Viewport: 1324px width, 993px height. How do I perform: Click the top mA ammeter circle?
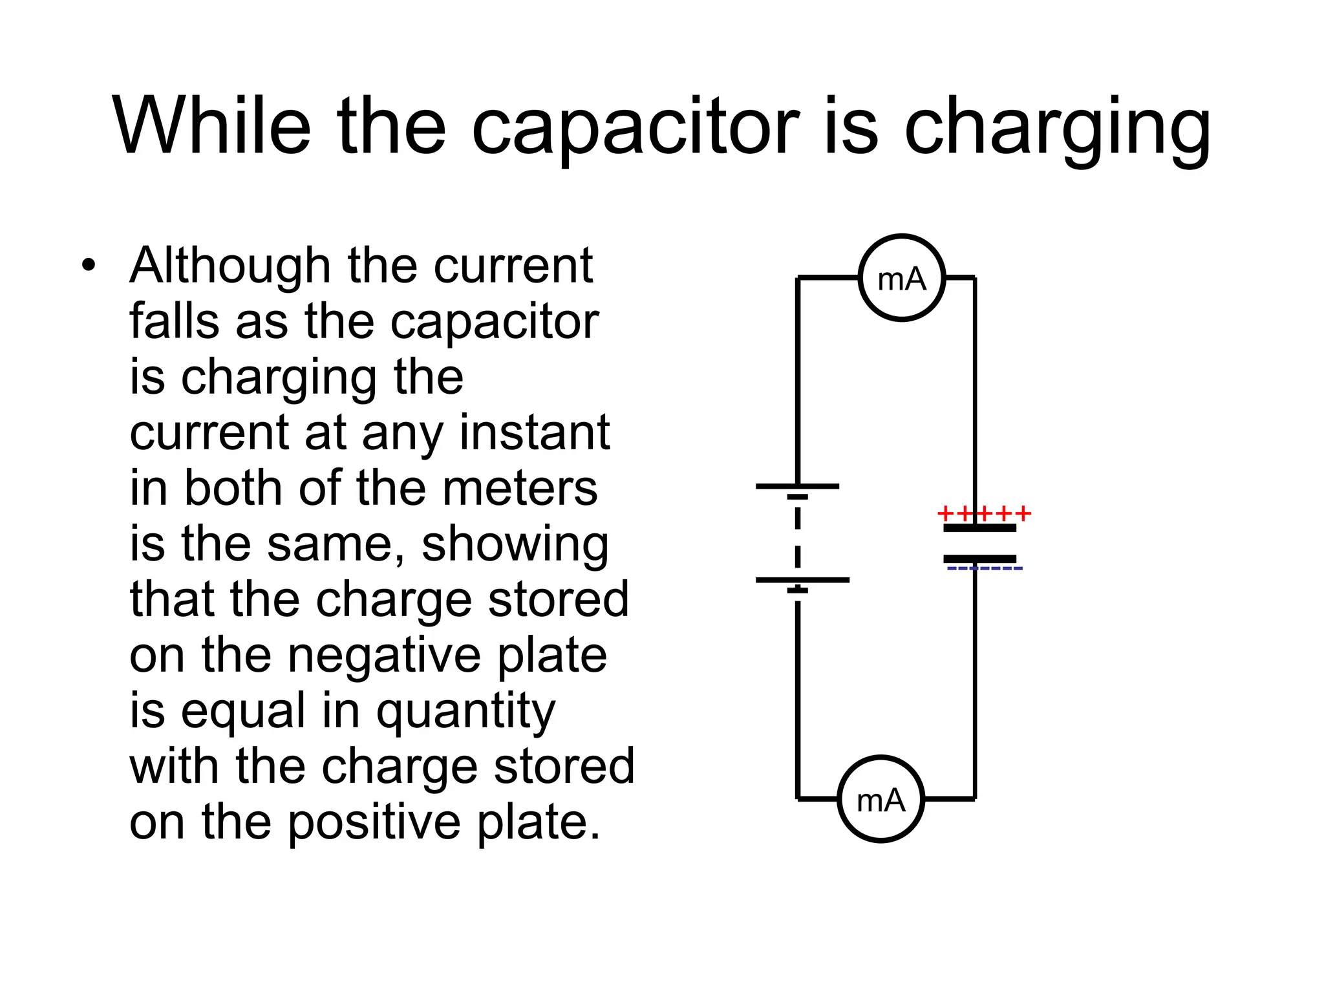[x=902, y=277]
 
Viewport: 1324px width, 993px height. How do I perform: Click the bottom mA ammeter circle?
[x=881, y=799]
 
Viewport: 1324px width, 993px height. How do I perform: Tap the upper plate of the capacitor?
[x=979, y=528]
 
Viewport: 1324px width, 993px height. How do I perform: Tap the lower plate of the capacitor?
[x=979, y=559]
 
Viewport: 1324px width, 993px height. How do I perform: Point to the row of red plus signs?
[x=983, y=515]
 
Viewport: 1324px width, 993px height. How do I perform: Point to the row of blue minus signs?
[x=985, y=569]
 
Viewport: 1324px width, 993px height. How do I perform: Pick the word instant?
[x=535, y=432]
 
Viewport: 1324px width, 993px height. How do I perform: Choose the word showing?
[x=515, y=545]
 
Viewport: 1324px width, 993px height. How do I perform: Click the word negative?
[x=384, y=656]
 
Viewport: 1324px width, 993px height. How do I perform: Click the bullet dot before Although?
[x=89, y=266]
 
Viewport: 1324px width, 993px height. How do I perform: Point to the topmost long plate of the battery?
[x=797, y=486]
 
